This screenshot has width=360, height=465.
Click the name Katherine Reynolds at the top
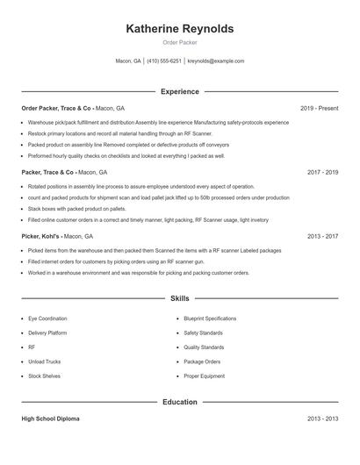(x=180, y=29)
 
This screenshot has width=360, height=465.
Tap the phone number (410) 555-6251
(x=164, y=61)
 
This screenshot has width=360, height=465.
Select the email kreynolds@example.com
(x=216, y=61)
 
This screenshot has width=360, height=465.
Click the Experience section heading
(x=180, y=91)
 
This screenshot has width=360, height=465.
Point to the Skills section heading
(x=180, y=299)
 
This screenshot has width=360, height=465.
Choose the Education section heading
(x=180, y=402)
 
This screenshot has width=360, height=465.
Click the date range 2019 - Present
(x=319, y=108)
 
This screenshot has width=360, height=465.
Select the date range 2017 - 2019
(x=322, y=173)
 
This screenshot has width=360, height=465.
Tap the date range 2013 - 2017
(x=322, y=236)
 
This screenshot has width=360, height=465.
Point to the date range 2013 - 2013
(x=322, y=419)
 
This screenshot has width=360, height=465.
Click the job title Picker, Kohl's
(x=40, y=236)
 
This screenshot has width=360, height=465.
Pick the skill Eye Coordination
(x=48, y=318)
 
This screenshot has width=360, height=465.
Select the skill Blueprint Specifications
(x=210, y=318)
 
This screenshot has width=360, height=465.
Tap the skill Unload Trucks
(x=44, y=361)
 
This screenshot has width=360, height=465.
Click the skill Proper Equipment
(x=204, y=376)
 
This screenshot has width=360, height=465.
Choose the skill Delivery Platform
(x=47, y=333)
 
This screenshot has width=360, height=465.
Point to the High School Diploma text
(x=50, y=419)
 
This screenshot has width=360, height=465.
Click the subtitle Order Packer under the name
(x=180, y=43)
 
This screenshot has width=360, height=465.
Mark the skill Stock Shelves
(x=45, y=376)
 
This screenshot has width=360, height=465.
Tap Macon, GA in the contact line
(x=128, y=61)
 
